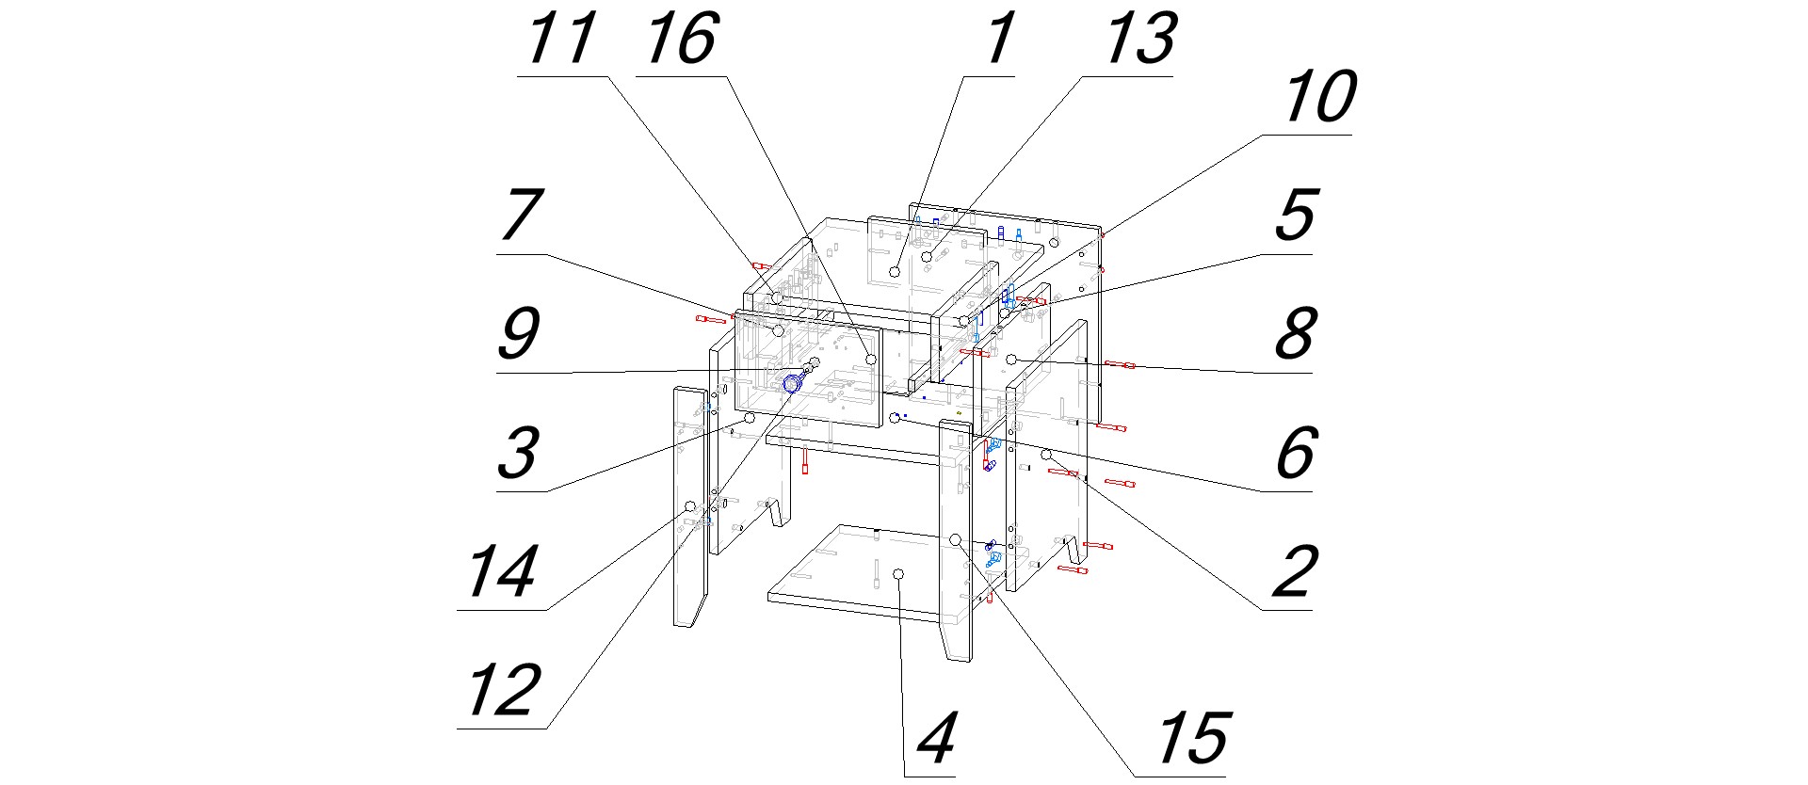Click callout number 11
click(x=561, y=39)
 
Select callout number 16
click(x=681, y=39)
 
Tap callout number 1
click(x=1000, y=39)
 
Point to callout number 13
click(x=1138, y=39)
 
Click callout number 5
click(x=1296, y=215)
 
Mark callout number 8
click(x=1296, y=333)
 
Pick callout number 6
click(x=1296, y=453)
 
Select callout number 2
click(x=1296, y=571)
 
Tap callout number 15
click(x=1192, y=738)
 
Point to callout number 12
click(x=505, y=690)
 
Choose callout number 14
click(x=505, y=571)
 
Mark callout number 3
click(x=519, y=453)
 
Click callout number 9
click(x=519, y=333)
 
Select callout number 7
click(x=521, y=215)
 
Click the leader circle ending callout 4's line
click(x=898, y=573)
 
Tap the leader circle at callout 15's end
click(x=955, y=540)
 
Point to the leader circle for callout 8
click(x=1011, y=360)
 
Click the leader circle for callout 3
click(x=751, y=417)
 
